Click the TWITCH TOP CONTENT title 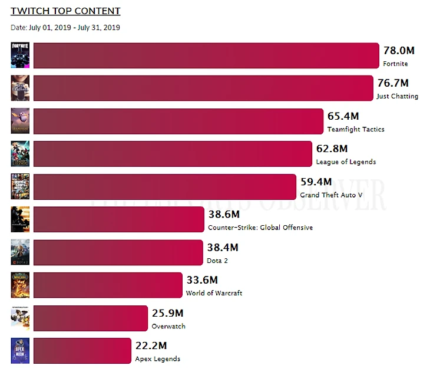[65, 11]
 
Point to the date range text [65, 27]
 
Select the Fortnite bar [206, 55]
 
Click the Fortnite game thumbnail [19, 55]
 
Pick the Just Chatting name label [398, 96]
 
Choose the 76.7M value [392, 84]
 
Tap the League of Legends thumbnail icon [19, 154]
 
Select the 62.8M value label [332, 149]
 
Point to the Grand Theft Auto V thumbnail [19, 187]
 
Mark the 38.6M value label [224, 215]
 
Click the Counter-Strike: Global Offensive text [260, 228]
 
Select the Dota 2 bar [118, 252]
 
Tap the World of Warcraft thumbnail [19, 285]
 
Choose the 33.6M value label [202, 280]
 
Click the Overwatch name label [168, 326]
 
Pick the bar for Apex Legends [82, 351]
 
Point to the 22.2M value [151, 346]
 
